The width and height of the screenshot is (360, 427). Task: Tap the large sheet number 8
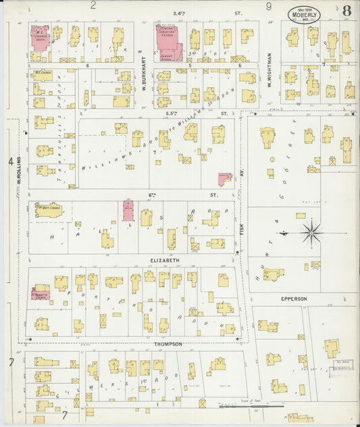[346, 11]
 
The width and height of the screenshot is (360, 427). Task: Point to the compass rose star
[311, 233]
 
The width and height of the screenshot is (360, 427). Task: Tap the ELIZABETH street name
[165, 260]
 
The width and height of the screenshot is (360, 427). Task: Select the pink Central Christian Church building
[170, 41]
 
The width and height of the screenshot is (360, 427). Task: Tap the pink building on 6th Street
[128, 211]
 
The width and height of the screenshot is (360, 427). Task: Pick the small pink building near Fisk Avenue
[224, 178]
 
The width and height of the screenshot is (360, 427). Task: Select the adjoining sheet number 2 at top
[93, 5]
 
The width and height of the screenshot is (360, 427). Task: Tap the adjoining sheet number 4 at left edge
[10, 161]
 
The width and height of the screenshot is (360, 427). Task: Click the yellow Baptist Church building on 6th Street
[49, 210]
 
